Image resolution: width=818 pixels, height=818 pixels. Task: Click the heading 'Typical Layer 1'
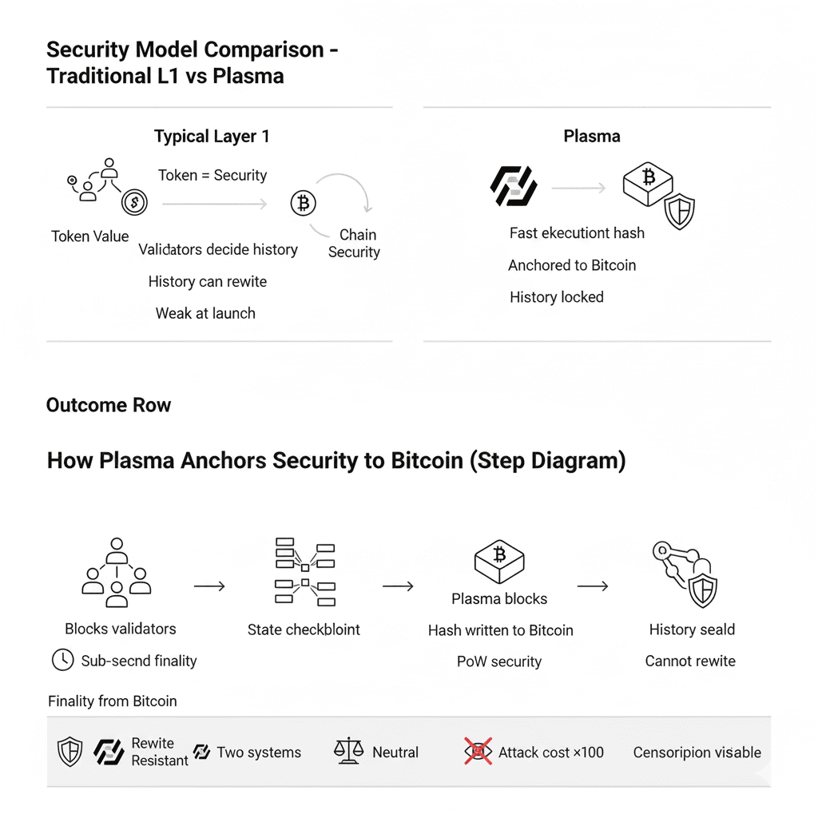pyautogui.click(x=212, y=137)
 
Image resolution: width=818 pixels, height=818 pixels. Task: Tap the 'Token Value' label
pyautogui.click(x=89, y=236)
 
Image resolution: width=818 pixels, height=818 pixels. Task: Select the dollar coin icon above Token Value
pyautogui.click(x=134, y=202)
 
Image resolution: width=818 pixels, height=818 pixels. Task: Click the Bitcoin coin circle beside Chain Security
pyautogui.click(x=303, y=204)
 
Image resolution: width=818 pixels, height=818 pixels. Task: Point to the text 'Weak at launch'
pyautogui.click(x=205, y=313)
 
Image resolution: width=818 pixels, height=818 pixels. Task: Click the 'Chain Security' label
pyautogui.click(x=354, y=244)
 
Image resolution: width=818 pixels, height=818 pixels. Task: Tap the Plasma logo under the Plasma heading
pyautogui.click(x=513, y=186)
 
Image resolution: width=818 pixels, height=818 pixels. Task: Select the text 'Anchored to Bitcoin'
pyautogui.click(x=572, y=265)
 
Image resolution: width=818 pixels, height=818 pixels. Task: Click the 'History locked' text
pyautogui.click(x=557, y=297)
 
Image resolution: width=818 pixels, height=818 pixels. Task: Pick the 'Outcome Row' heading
pyautogui.click(x=109, y=405)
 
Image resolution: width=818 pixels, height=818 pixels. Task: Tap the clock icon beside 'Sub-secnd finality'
pyautogui.click(x=62, y=660)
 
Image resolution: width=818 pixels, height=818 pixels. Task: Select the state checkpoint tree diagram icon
pyautogui.click(x=304, y=572)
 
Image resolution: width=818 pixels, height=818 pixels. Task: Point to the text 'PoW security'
pyautogui.click(x=499, y=661)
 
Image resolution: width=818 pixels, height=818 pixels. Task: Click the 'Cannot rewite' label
pyautogui.click(x=690, y=661)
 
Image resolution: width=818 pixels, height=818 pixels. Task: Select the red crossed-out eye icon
pyautogui.click(x=478, y=752)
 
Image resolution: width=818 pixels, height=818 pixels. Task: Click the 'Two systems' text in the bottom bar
pyautogui.click(x=259, y=752)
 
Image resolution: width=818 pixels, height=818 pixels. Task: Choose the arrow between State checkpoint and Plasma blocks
pyautogui.click(x=398, y=586)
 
